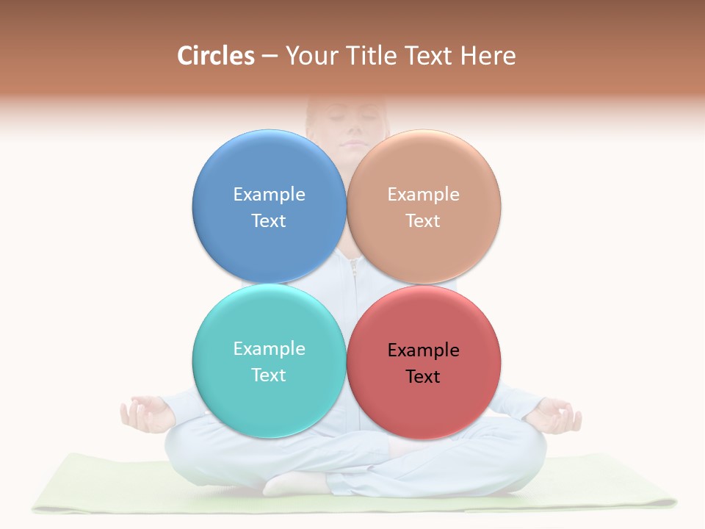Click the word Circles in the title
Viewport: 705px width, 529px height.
point(216,56)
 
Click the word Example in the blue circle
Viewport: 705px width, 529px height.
point(269,194)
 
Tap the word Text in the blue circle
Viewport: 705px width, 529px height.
point(269,220)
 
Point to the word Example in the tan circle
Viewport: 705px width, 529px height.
point(423,194)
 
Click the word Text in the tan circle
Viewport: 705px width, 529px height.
point(423,220)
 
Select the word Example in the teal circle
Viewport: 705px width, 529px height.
point(269,348)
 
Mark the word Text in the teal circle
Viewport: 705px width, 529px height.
point(269,375)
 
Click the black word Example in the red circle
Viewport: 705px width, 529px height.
point(423,350)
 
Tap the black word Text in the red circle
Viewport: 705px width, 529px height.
point(423,376)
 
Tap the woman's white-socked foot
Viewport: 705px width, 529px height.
point(294,483)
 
